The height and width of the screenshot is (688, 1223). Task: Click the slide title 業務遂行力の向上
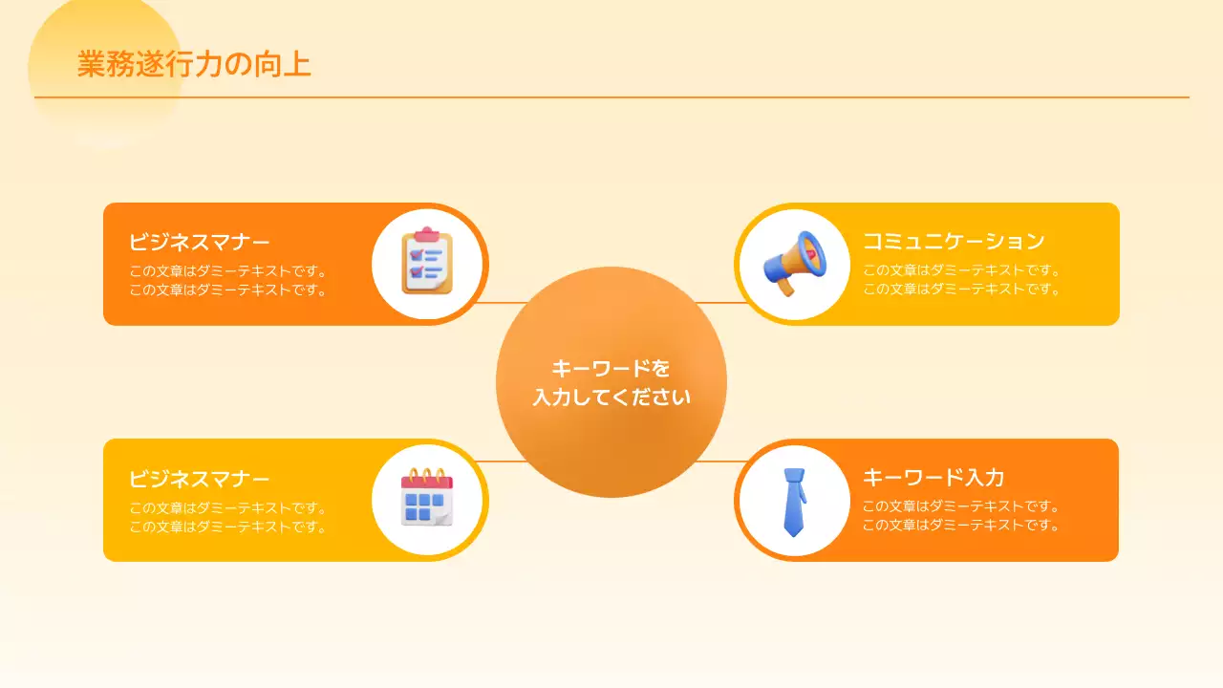(194, 64)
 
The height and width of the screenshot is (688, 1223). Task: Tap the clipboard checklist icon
(426, 263)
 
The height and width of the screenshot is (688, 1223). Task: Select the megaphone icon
(794, 263)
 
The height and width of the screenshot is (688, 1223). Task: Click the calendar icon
(426, 498)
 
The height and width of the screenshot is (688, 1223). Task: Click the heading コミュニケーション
(953, 241)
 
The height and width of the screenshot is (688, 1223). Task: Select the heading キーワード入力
(933, 477)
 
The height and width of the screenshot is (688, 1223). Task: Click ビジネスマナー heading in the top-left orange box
(199, 241)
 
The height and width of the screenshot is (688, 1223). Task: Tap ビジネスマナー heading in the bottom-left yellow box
(199, 479)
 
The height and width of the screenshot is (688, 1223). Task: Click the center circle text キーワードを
(611, 369)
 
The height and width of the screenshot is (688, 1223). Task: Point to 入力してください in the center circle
(611, 397)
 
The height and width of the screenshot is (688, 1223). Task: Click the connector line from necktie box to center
(719, 462)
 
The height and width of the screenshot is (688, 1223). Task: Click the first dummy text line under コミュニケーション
(961, 270)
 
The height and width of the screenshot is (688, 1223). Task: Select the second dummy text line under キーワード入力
(961, 526)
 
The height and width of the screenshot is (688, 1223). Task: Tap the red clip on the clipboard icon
(426, 233)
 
